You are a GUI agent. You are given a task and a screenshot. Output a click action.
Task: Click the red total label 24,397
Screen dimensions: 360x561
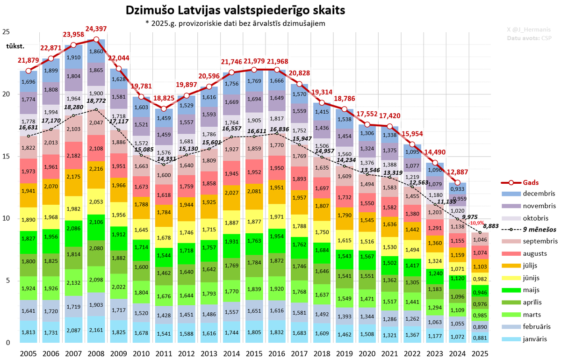coord(97,29)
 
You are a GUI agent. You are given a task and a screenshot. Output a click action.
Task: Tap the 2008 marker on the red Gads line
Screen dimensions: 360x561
coord(96,40)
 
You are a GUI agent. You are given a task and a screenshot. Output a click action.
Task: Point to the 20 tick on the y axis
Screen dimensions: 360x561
coord(6,94)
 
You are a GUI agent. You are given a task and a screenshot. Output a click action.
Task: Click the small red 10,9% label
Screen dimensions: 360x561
coord(476,223)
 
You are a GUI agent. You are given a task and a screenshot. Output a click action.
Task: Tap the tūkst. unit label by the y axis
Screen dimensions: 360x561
coord(14,46)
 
